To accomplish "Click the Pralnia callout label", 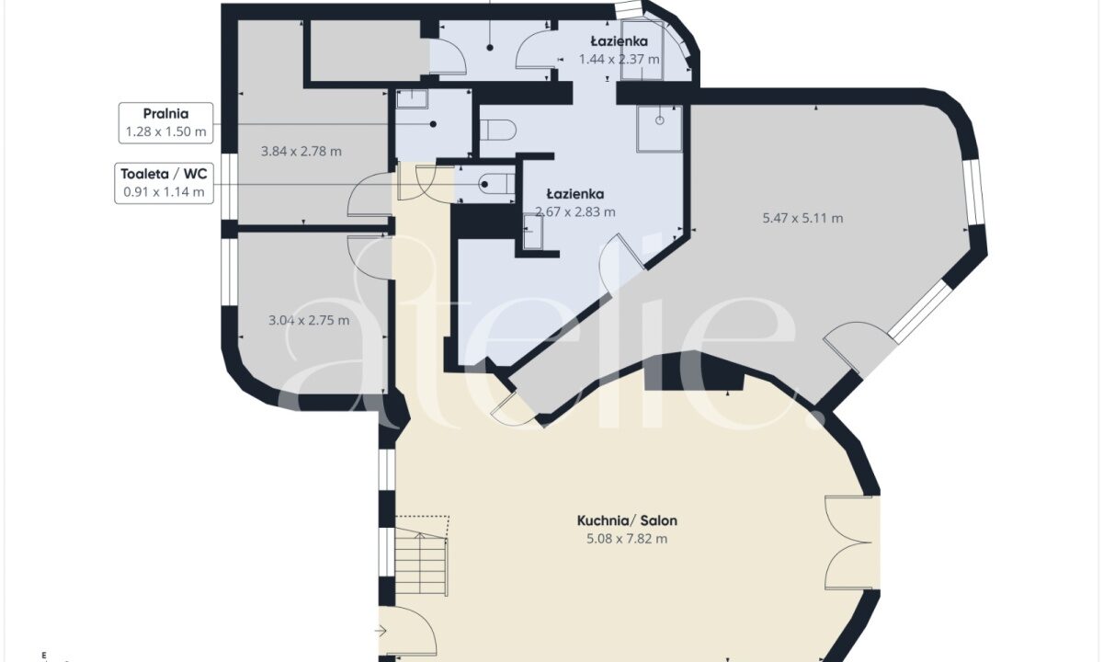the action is pyautogui.click(x=166, y=123).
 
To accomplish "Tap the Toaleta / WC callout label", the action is pyautogui.click(x=164, y=183).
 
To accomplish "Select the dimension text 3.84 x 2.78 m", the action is pyautogui.click(x=301, y=151).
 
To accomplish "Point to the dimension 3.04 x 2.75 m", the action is pyautogui.click(x=309, y=320).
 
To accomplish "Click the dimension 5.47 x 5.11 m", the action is pyautogui.click(x=802, y=218).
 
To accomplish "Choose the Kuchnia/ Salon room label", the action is pyautogui.click(x=627, y=520).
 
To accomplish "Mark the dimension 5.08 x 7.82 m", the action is pyautogui.click(x=627, y=539).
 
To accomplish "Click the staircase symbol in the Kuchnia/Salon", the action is pyautogui.click(x=422, y=555).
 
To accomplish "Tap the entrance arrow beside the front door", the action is pyautogui.click(x=381, y=631).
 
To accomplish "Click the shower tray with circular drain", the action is pyautogui.click(x=659, y=129).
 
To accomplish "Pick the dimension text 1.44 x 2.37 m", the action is pyautogui.click(x=619, y=60).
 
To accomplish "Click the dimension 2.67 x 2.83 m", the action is pyautogui.click(x=575, y=211).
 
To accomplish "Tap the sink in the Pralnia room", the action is pyautogui.click(x=412, y=99).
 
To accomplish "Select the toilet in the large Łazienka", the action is pyautogui.click(x=498, y=130).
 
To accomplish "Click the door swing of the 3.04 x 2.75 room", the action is pyautogui.click(x=370, y=257).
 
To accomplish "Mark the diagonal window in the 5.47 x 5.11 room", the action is pyautogui.click(x=921, y=312).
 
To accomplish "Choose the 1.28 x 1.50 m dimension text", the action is pyautogui.click(x=166, y=131).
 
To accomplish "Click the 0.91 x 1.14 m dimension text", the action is pyautogui.click(x=164, y=191).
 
